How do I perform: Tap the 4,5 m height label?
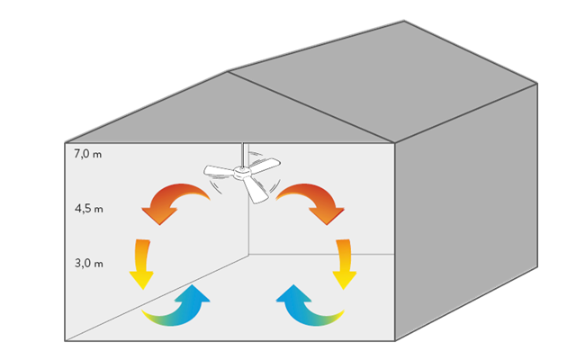point(89,209)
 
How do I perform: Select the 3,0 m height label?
point(89,264)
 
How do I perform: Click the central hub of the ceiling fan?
point(242,173)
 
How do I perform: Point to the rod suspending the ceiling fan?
point(244,153)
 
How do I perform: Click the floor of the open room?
point(243,306)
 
